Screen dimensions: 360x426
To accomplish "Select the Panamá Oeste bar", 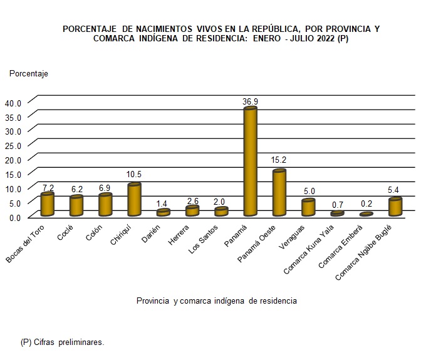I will click(279, 193).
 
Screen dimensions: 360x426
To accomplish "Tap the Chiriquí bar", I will click(133, 200).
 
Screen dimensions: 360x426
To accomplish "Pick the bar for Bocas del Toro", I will click(47, 204).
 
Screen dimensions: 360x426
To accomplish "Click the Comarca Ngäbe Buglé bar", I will click(395, 207).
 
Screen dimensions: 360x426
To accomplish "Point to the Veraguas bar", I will click(308, 208).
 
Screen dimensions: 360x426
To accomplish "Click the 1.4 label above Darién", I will click(163, 204).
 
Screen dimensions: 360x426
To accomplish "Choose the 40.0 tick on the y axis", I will click(13, 103).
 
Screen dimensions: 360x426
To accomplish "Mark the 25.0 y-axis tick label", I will click(13, 145).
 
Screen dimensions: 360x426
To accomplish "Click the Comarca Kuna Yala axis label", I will click(308, 250).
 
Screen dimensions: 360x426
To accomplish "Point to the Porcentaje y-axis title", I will click(29, 73).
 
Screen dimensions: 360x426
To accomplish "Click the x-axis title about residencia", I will click(216, 301).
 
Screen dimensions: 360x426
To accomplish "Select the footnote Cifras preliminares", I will click(62, 342).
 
